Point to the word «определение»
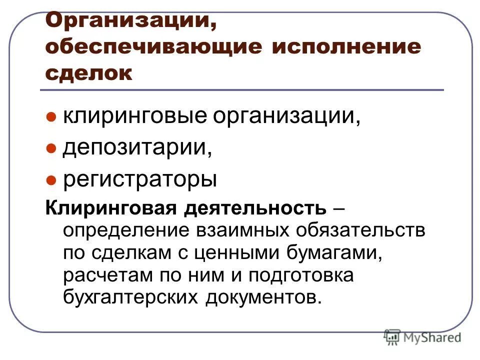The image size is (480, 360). click(x=127, y=231)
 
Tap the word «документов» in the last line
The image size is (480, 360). click(x=260, y=297)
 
